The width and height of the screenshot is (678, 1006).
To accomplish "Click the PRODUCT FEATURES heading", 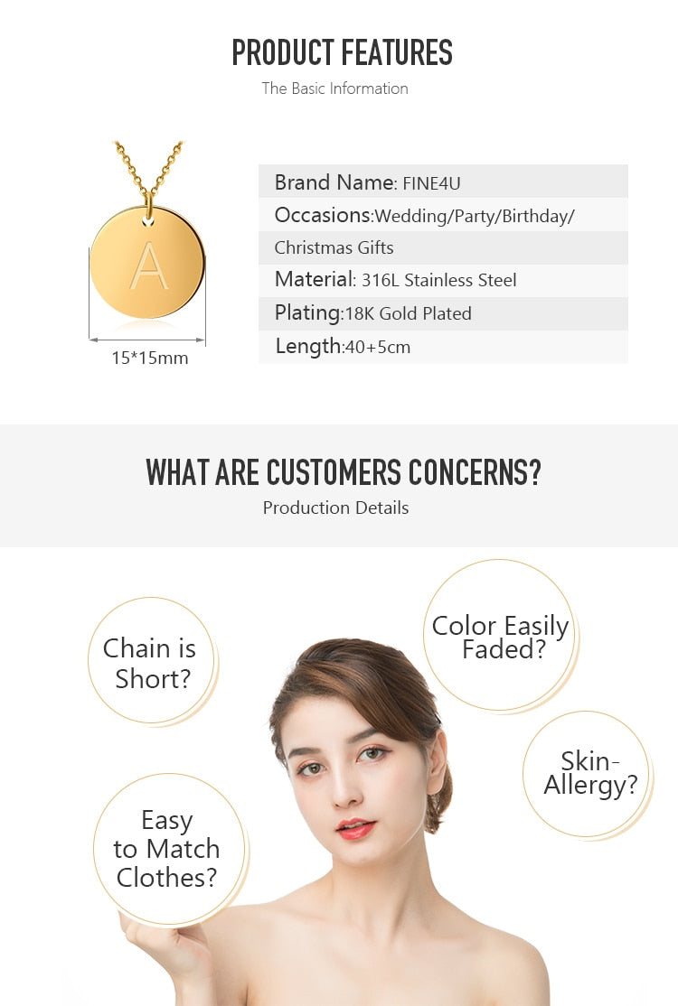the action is [x=343, y=52].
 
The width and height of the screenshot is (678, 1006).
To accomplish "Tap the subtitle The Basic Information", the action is [x=334, y=88].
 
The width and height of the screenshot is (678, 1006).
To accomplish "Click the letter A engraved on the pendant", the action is [x=149, y=265].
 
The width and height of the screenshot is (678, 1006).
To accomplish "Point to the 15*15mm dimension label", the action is [x=149, y=358].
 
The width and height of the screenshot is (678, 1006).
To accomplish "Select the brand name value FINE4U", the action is [x=431, y=183].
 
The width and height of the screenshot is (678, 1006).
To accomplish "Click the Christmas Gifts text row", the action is [x=334, y=247].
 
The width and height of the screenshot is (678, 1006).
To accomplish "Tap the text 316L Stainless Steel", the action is [x=439, y=280].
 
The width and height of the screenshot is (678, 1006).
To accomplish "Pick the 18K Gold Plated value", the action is [x=409, y=313].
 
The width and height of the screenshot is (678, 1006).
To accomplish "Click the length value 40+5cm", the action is [x=378, y=347].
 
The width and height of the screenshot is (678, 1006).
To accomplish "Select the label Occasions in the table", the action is [x=323, y=215].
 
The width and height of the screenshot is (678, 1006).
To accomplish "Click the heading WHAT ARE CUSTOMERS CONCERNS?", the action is [x=344, y=473].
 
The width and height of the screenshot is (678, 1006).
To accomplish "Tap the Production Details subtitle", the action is [x=335, y=508].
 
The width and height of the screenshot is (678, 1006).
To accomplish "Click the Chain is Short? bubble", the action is [x=152, y=661].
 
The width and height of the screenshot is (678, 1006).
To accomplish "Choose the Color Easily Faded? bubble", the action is [x=500, y=635].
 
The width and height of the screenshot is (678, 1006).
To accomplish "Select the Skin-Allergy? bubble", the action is [x=587, y=774].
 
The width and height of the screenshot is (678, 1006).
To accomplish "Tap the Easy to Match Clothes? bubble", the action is [x=169, y=849].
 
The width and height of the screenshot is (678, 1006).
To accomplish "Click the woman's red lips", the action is [x=355, y=828].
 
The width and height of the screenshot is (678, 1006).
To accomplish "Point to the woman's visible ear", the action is [x=438, y=763].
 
